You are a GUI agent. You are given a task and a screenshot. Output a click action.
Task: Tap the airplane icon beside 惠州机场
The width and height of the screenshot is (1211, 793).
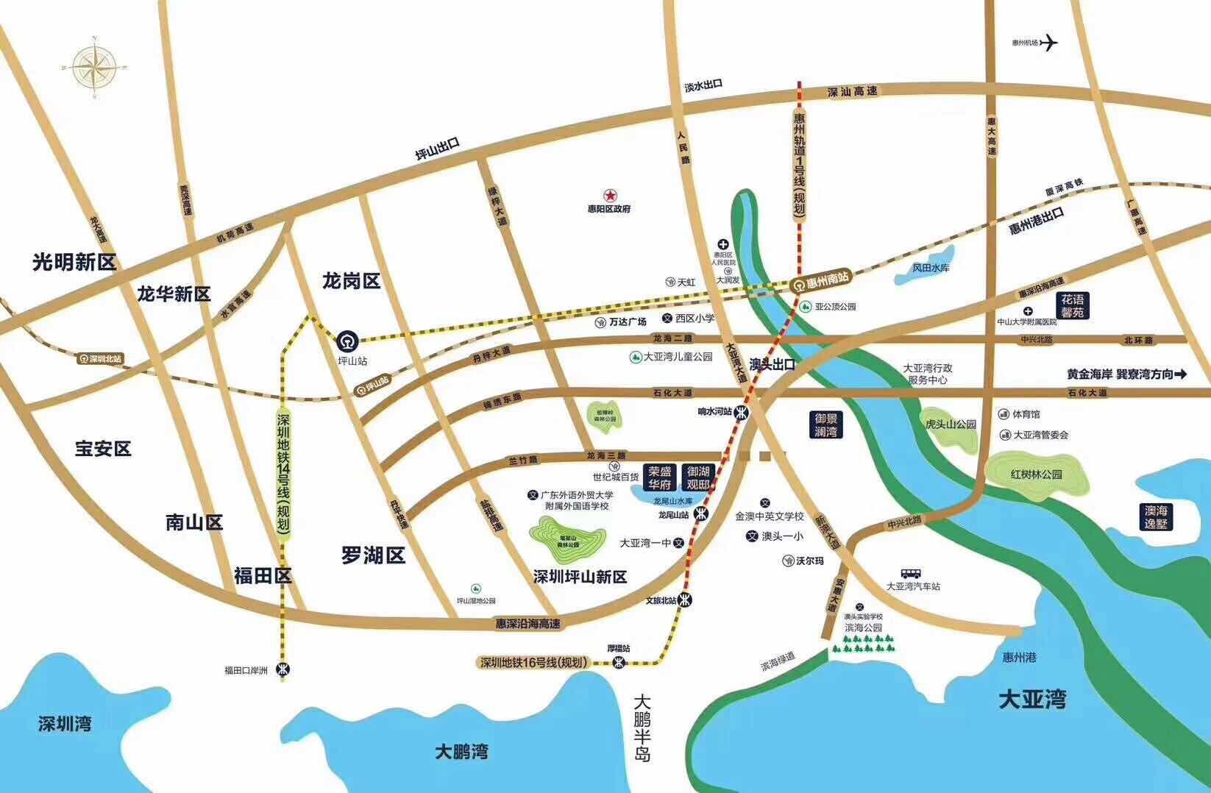(x=1048, y=43)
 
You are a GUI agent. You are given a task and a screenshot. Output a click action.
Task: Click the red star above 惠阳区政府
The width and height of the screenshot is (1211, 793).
(x=609, y=196)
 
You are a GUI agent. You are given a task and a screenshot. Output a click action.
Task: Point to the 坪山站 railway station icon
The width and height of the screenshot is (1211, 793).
(x=347, y=342)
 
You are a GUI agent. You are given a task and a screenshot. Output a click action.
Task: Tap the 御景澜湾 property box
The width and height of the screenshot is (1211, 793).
(x=826, y=424)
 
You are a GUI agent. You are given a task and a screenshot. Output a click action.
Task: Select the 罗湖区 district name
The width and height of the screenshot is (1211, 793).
(x=373, y=555)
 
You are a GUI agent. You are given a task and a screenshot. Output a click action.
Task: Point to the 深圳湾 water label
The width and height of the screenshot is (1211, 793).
(x=65, y=724)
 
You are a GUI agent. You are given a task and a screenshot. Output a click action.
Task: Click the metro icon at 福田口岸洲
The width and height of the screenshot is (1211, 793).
(x=283, y=669)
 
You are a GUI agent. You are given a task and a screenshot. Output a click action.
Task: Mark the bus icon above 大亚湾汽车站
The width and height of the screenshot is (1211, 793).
(x=912, y=573)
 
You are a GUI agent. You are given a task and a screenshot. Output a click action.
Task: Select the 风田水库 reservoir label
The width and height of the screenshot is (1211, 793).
(x=931, y=268)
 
